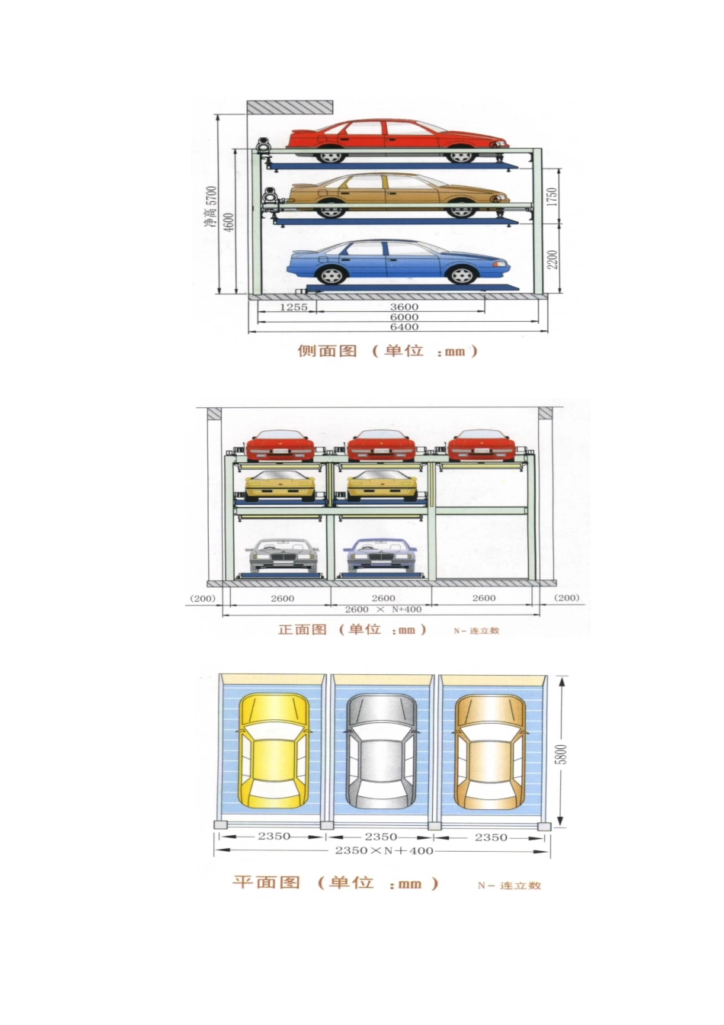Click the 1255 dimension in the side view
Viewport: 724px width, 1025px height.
point(293,307)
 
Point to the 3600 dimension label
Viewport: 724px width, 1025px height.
point(404,307)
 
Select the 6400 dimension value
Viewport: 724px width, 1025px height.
point(404,326)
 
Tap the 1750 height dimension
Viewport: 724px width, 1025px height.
point(552,196)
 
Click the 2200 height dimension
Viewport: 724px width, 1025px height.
point(552,259)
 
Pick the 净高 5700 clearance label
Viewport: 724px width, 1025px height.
point(210,207)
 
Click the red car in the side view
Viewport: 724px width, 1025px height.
point(398,141)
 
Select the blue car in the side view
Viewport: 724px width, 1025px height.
point(398,262)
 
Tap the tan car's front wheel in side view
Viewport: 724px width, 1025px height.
point(461,209)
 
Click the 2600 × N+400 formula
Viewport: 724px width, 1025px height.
point(383,609)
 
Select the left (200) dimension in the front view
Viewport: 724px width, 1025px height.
point(202,598)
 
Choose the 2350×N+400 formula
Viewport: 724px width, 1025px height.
point(384,850)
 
